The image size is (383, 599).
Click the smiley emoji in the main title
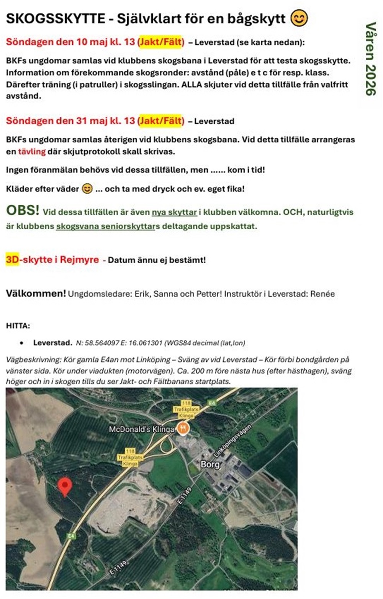tap(299, 18)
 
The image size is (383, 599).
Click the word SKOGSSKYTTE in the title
tap(56, 19)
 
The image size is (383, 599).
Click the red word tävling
tap(32, 152)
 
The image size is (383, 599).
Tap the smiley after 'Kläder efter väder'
tap(87, 189)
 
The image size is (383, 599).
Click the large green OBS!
tap(23, 210)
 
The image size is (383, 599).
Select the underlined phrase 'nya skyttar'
tap(174, 212)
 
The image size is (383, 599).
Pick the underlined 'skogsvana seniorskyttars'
tap(108, 226)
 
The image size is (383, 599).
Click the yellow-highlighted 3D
tap(12, 260)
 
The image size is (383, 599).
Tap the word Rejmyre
tap(79, 260)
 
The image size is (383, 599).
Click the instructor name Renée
tap(322, 294)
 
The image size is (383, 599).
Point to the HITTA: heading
tap(18, 326)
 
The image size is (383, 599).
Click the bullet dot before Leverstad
tap(21, 343)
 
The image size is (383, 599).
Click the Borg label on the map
tap(210, 464)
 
